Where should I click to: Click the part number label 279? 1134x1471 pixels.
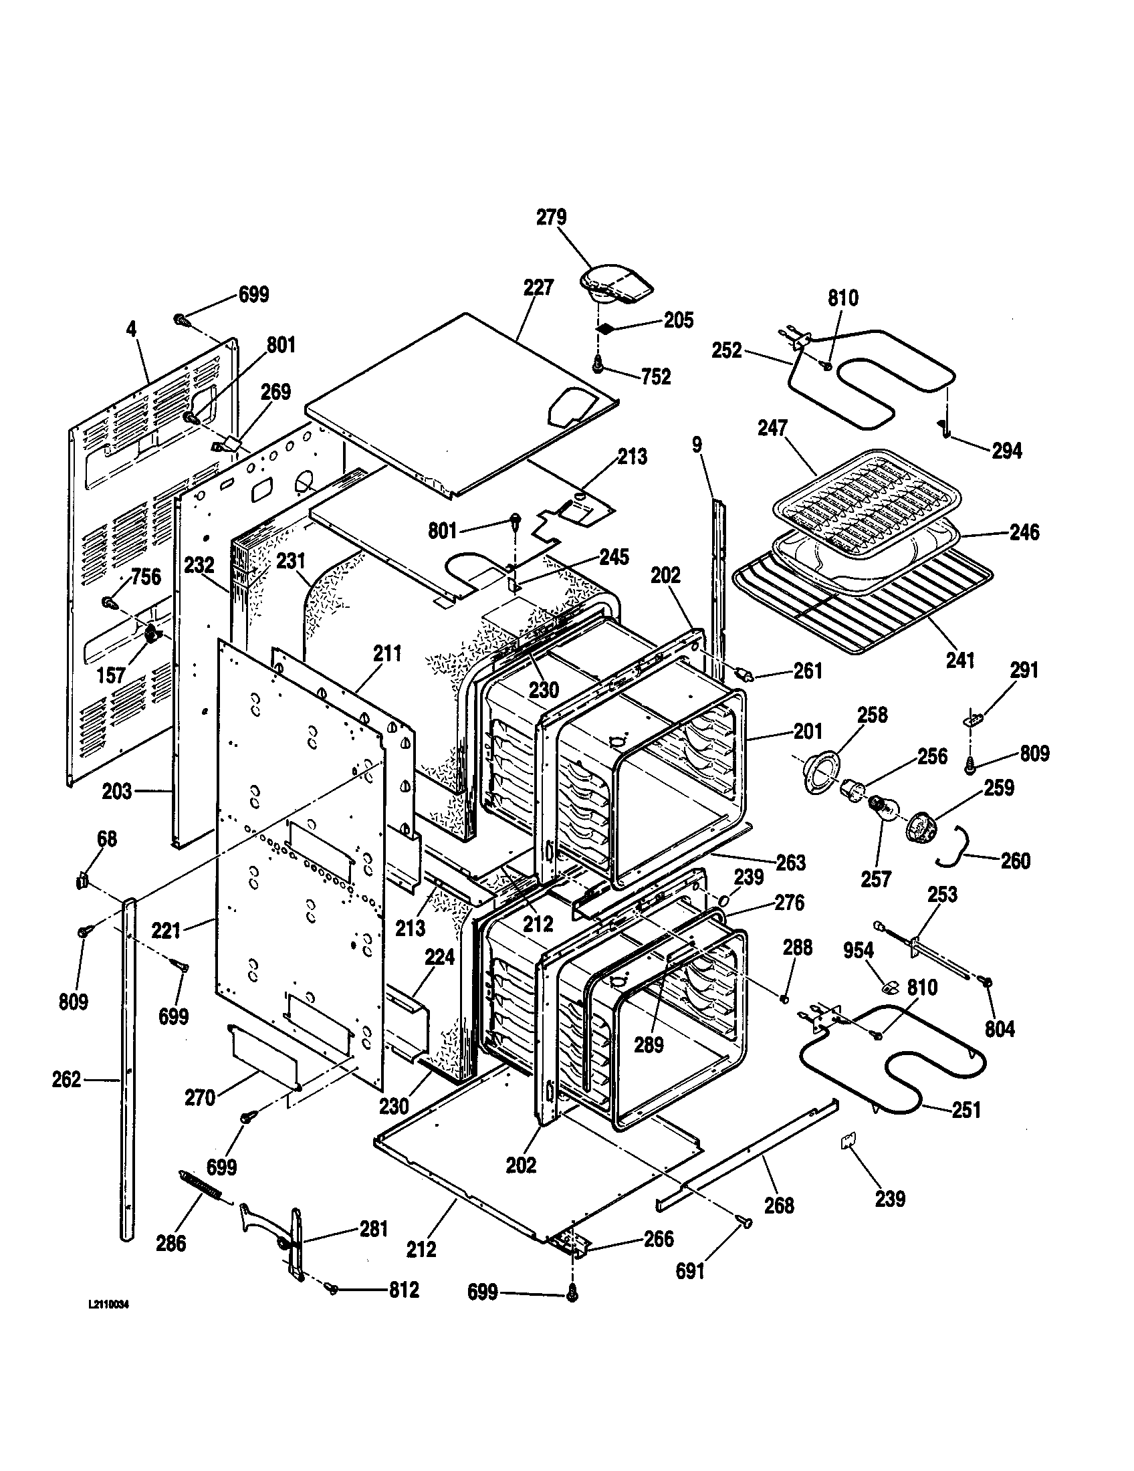point(551,217)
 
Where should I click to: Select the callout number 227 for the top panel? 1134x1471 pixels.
point(538,288)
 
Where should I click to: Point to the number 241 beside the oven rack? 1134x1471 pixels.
point(960,660)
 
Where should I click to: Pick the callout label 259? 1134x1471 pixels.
point(999,788)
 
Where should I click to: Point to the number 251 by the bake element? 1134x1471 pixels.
point(966,1109)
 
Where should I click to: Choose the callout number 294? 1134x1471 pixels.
point(1007,451)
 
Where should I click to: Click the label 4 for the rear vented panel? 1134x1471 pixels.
point(131,329)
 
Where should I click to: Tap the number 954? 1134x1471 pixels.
point(858,950)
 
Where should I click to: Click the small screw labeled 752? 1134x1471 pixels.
point(597,364)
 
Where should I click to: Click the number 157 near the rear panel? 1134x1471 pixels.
point(110,675)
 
